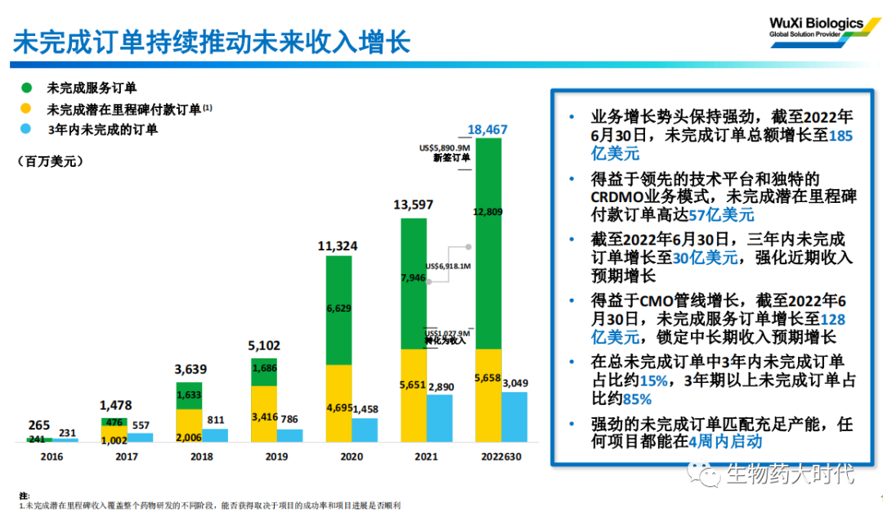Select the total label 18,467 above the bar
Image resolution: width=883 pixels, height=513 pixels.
[488, 129]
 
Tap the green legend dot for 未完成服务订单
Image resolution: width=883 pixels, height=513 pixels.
[27, 88]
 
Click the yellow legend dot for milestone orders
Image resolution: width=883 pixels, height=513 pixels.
[27, 109]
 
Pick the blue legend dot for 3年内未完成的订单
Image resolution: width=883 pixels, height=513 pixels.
[27, 129]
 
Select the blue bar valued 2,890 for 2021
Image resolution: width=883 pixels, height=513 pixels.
[438, 419]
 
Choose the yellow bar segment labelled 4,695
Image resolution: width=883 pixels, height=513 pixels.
[339, 403]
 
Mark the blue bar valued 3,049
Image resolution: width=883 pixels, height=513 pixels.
[513, 417]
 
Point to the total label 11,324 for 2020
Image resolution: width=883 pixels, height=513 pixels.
[338, 245]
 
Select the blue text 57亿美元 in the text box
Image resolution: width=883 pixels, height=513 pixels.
[721, 216]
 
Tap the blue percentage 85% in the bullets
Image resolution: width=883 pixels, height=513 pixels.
[636, 399]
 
